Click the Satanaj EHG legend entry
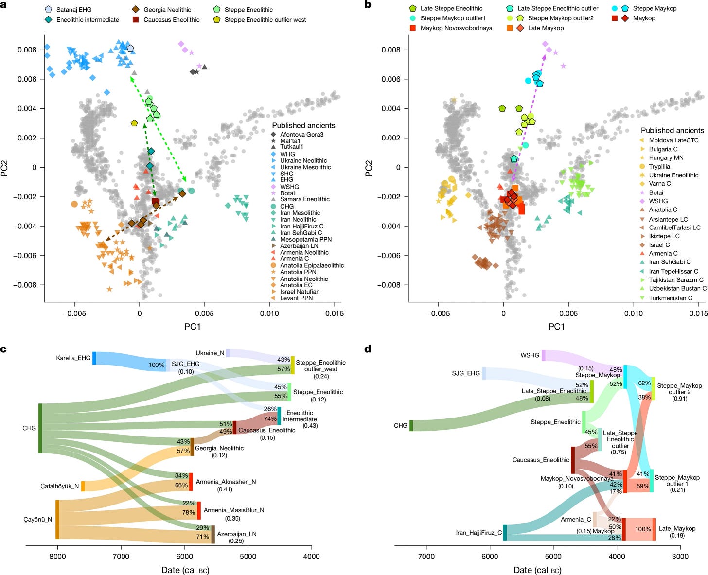pyautogui.click(x=73, y=9)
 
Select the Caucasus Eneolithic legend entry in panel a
pyautogui.click(x=171, y=20)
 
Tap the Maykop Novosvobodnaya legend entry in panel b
pyautogui.click(x=456, y=28)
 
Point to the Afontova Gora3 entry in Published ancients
pyautogui.click(x=301, y=134)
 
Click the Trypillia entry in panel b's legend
pyautogui.click(x=659, y=166)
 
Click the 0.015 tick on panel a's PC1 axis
pyautogui.click(x=335, y=314)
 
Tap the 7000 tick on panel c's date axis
pyautogui.click(x=121, y=557)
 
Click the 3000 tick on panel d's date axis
pyautogui.click(x=680, y=557)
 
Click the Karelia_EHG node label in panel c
pyautogui.click(x=73, y=358)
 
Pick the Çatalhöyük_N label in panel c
pyautogui.click(x=59, y=486)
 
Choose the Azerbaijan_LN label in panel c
pyautogui.click(x=236, y=534)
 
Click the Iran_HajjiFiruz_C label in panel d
pyautogui.click(x=478, y=533)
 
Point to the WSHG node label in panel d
pyautogui.click(x=530, y=355)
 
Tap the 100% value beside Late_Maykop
pyautogui.click(x=643, y=529)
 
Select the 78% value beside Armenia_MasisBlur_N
pyautogui.click(x=188, y=512)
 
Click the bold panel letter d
pyautogui.click(x=368, y=348)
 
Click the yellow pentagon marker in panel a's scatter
pyautogui.click(x=134, y=123)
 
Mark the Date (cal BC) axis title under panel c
pyautogui.click(x=185, y=570)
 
